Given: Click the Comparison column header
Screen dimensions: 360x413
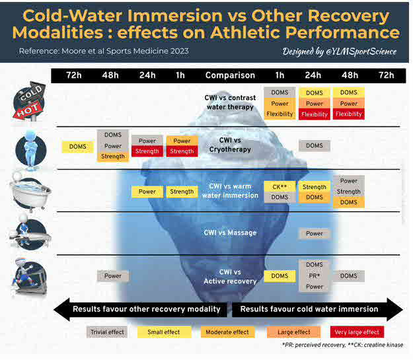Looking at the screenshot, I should tap(230, 75).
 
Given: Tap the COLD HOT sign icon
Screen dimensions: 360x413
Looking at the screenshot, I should tap(30, 102).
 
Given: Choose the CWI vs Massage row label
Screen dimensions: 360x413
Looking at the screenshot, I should tap(230, 233).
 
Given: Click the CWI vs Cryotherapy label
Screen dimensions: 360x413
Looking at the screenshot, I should tap(230, 145).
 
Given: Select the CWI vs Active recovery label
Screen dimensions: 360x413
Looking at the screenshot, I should tap(230, 276).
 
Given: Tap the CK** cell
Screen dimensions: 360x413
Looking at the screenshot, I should tap(280, 187).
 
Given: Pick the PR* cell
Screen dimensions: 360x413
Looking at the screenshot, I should tap(315, 276).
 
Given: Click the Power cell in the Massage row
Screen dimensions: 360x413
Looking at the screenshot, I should tap(315, 233).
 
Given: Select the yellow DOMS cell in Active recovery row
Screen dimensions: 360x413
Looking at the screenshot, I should tap(280, 276).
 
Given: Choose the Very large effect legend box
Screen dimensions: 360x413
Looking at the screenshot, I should tap(356, 332).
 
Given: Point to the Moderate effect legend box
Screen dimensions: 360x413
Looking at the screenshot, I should tap(226, 332).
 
